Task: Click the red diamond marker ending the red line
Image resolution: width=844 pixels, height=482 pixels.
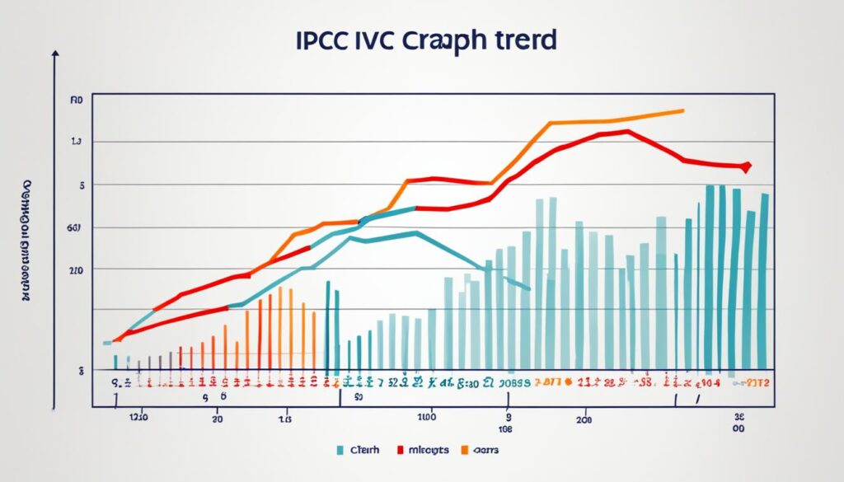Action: coord(746,167)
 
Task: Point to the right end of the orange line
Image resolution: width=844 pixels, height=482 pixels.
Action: coord(682,110)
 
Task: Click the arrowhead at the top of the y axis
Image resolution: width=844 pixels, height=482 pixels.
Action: coord(55,54)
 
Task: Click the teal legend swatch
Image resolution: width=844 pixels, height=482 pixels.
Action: coord(340,450)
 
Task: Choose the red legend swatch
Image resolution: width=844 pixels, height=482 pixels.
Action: coord(401,450)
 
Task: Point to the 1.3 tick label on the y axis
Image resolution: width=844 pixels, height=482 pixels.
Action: coord(77,143)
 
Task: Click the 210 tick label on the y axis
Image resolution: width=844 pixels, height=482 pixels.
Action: coord(76,269)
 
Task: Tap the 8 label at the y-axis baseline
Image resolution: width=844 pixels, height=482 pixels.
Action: coord(81,371)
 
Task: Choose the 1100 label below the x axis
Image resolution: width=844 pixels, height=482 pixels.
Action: coord(426,418)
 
